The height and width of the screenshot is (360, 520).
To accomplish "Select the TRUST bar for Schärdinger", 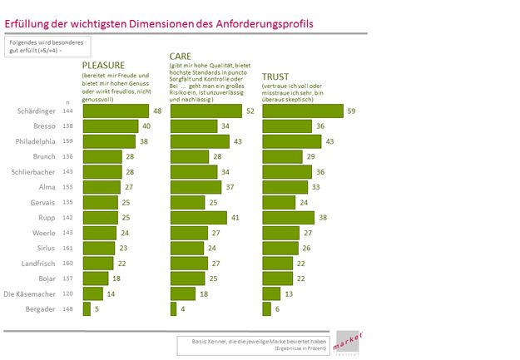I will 303,111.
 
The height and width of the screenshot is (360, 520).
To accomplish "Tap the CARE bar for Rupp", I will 200,218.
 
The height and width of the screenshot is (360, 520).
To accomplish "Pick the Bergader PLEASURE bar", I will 83,309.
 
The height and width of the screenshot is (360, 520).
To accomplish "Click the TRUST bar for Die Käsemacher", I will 271,293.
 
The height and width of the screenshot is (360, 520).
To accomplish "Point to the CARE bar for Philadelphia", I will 201,141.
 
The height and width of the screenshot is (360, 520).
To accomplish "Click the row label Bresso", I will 43,126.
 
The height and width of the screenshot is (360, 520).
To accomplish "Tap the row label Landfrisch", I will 39,263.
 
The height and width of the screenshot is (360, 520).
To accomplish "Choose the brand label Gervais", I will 42,202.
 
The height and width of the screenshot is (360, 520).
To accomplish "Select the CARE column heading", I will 182,56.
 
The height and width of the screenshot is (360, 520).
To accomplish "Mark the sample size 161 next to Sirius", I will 69,248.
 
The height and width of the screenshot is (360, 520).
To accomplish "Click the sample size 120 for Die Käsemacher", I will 69,293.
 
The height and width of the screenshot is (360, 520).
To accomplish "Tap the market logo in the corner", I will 344,344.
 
